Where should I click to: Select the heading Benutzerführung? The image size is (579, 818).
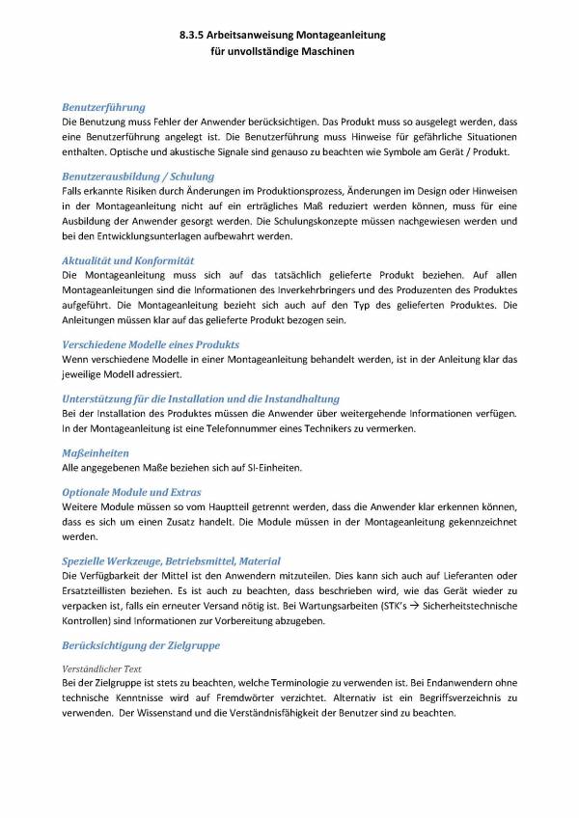(103, 108)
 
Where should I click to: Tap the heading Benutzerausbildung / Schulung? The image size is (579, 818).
(138, 177)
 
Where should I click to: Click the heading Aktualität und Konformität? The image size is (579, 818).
(128, 260)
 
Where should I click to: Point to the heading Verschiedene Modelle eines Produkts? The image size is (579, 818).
(151, 344)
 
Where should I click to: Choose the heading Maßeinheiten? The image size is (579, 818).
(96, 451)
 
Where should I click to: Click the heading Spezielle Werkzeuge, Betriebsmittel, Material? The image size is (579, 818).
(171, 560)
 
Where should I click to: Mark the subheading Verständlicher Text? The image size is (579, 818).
(103, 668)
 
